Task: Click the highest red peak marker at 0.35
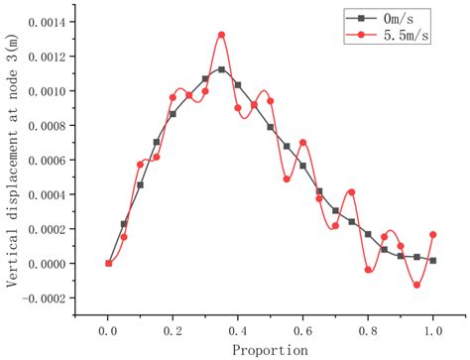click(221, 35)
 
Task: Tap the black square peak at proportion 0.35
click(221, 69)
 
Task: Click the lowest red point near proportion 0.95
click(416, 285)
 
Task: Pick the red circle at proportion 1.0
click(433, 235)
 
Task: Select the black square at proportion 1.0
click(433, 260)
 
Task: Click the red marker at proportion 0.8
click(368, 270)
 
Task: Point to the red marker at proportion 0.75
click(352, 191)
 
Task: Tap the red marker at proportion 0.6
click(302, 143)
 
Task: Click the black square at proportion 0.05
click(124, 224)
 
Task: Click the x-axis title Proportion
click(270, 349)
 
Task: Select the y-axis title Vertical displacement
click(12, 159)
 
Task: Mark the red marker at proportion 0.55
click(287, 180)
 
